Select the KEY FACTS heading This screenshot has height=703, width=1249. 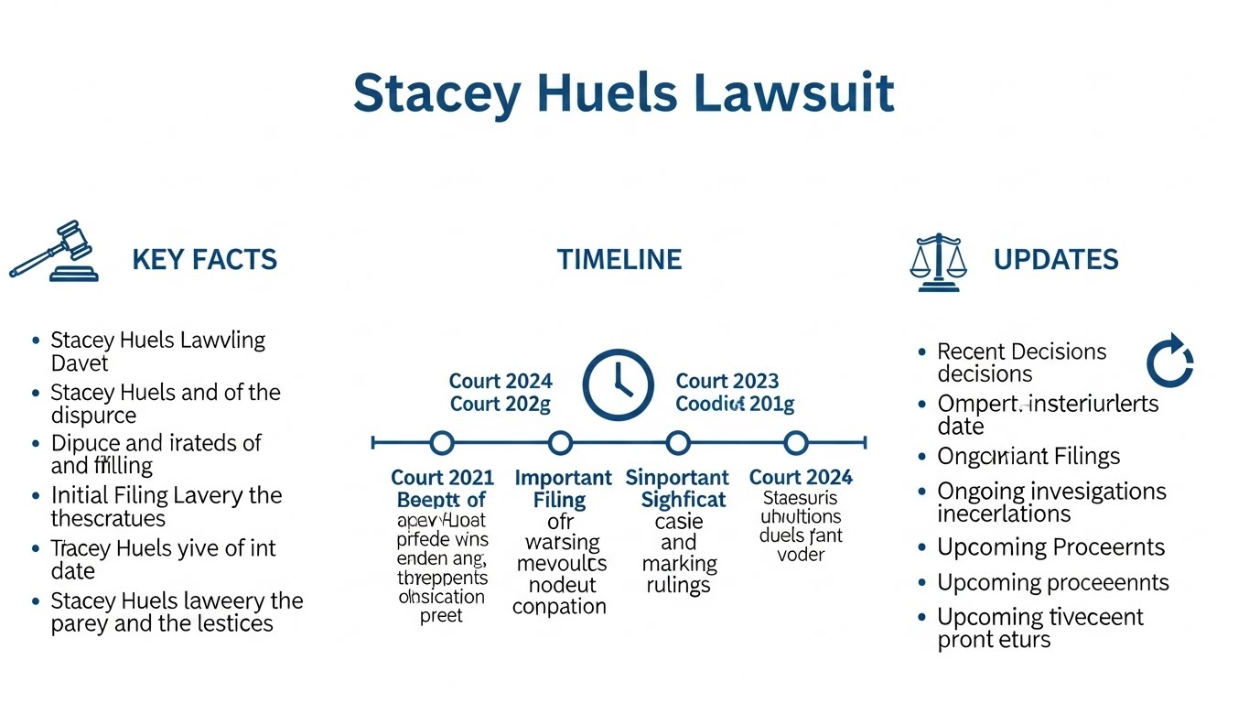(204, 259)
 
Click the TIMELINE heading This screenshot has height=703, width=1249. (619, 259)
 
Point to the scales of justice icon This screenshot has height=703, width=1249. (938, 262)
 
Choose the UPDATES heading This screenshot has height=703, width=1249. (1055, 259)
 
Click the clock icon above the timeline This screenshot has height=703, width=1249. (619, 384)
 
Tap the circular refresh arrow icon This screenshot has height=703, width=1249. (1170, 361)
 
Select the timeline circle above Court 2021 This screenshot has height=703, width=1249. (442, 443)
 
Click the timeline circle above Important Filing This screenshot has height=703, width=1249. (560, 443)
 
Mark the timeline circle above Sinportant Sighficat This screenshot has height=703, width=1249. (677, 443)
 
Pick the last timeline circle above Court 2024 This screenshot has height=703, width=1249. (796, 443)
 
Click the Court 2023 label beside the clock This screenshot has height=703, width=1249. (727, 381)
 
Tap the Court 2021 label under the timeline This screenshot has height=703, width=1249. (442, 478)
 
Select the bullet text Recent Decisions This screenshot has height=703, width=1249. (1021, 351)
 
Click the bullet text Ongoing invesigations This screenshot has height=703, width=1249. (1051, 492)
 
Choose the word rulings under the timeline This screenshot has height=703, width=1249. (678, 586)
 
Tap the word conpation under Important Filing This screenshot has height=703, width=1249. (559, 607)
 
